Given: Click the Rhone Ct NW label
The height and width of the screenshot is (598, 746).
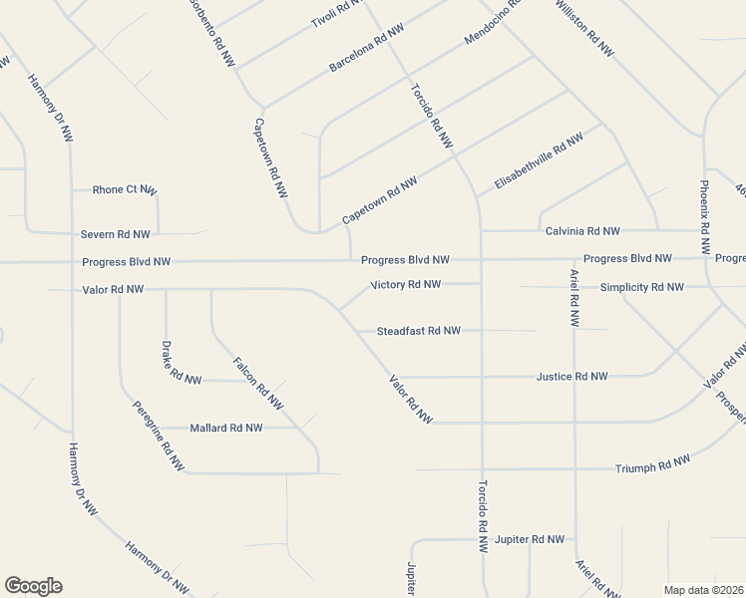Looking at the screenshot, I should [x=124, y=189].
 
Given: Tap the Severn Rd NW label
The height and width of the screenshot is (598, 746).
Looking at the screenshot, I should [x=116, y=234].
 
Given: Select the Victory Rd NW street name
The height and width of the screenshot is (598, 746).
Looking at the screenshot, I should [x=405, y=285].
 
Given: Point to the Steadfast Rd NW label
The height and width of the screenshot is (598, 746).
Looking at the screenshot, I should [x=418, y=331].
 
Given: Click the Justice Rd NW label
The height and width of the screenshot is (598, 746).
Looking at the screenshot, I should [x=571, y=377].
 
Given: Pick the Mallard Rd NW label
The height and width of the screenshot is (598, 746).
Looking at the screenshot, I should [x=225, y=428].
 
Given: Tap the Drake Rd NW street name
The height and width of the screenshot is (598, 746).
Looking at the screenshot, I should [x=181, y=363].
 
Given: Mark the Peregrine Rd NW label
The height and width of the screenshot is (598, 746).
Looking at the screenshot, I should [x=159, y=436].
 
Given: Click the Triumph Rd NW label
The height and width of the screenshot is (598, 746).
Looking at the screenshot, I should [x=652, y=464].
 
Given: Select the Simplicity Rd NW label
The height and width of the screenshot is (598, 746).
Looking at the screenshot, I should [x=641, y=287].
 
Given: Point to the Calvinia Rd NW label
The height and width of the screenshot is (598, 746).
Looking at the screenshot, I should [x=582, y=231].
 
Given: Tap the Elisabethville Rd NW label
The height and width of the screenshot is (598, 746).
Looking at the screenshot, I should [x=538, y=161].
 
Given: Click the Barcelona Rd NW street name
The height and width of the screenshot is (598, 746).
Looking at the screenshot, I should [x=366, y=49].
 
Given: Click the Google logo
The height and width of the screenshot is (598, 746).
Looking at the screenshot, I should [x=33, y=586].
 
